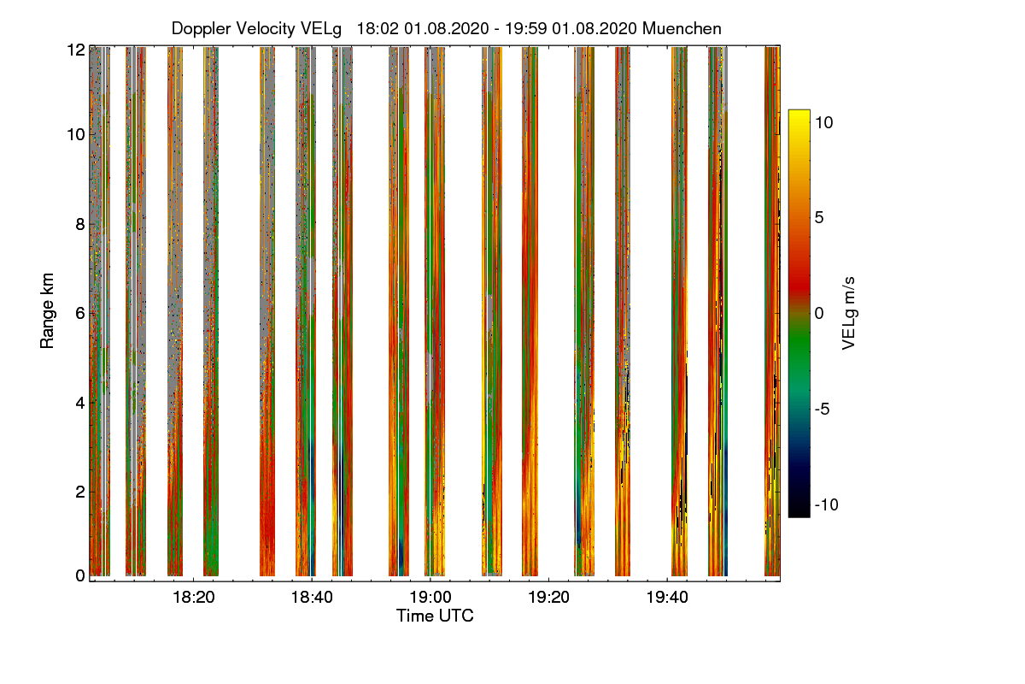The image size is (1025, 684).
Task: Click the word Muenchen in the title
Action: (682, 28)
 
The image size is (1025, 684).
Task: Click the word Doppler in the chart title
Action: (202, 28)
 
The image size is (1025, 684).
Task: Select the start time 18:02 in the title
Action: (374, 28)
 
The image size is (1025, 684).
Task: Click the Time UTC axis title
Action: (435, 616)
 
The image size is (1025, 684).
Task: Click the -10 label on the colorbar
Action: (824, 504)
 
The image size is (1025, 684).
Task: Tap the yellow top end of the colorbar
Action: (799, 115)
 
